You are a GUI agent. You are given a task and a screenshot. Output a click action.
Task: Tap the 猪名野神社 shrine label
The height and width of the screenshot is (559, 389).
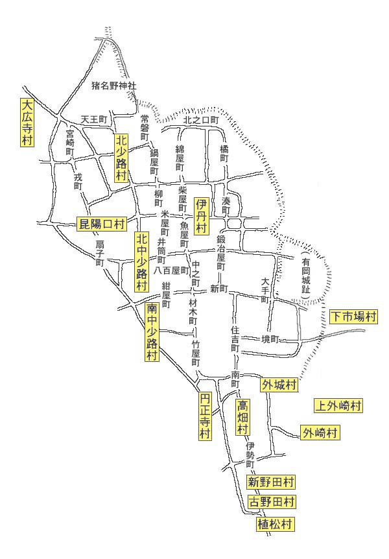pyautogui.click(x=115, y=85)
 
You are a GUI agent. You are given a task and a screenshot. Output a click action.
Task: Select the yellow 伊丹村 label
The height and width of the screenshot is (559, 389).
pyautogui.click(x=201, y=216)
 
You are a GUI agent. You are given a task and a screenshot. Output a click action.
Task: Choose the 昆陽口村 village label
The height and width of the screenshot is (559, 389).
pyautogui.click(x=101, y=224)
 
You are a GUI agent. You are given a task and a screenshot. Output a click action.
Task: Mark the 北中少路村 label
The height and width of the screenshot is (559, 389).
pyautogui.click(x=141, y=261)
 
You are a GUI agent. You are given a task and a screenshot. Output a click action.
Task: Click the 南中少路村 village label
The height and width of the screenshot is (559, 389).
pyautogui.click(x=152, y=331)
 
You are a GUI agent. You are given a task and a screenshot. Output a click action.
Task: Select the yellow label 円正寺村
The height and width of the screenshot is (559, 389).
pyautogui.click(x=205, y=416)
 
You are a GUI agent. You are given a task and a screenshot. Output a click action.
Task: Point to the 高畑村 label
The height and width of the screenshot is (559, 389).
pyautogui.click(x=242, y=417)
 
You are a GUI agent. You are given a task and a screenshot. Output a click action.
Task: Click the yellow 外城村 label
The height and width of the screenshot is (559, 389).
pyautogui.click(x=279, y=385)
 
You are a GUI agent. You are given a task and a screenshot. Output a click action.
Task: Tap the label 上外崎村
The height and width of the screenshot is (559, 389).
pyautogui.click(x=338, y=406)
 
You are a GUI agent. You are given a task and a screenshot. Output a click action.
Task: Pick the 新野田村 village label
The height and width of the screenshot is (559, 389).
pyautogui.click(x=272, y=482)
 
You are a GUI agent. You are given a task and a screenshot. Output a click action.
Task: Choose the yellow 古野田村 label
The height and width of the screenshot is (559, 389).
pyautogui.click(x=272, y=502)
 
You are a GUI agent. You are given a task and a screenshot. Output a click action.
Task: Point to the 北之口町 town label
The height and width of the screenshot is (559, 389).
pyautogui.click(x=202, y=120)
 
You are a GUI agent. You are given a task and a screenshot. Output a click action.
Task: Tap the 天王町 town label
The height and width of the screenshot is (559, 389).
pyautogui.click(x=93, y=120)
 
